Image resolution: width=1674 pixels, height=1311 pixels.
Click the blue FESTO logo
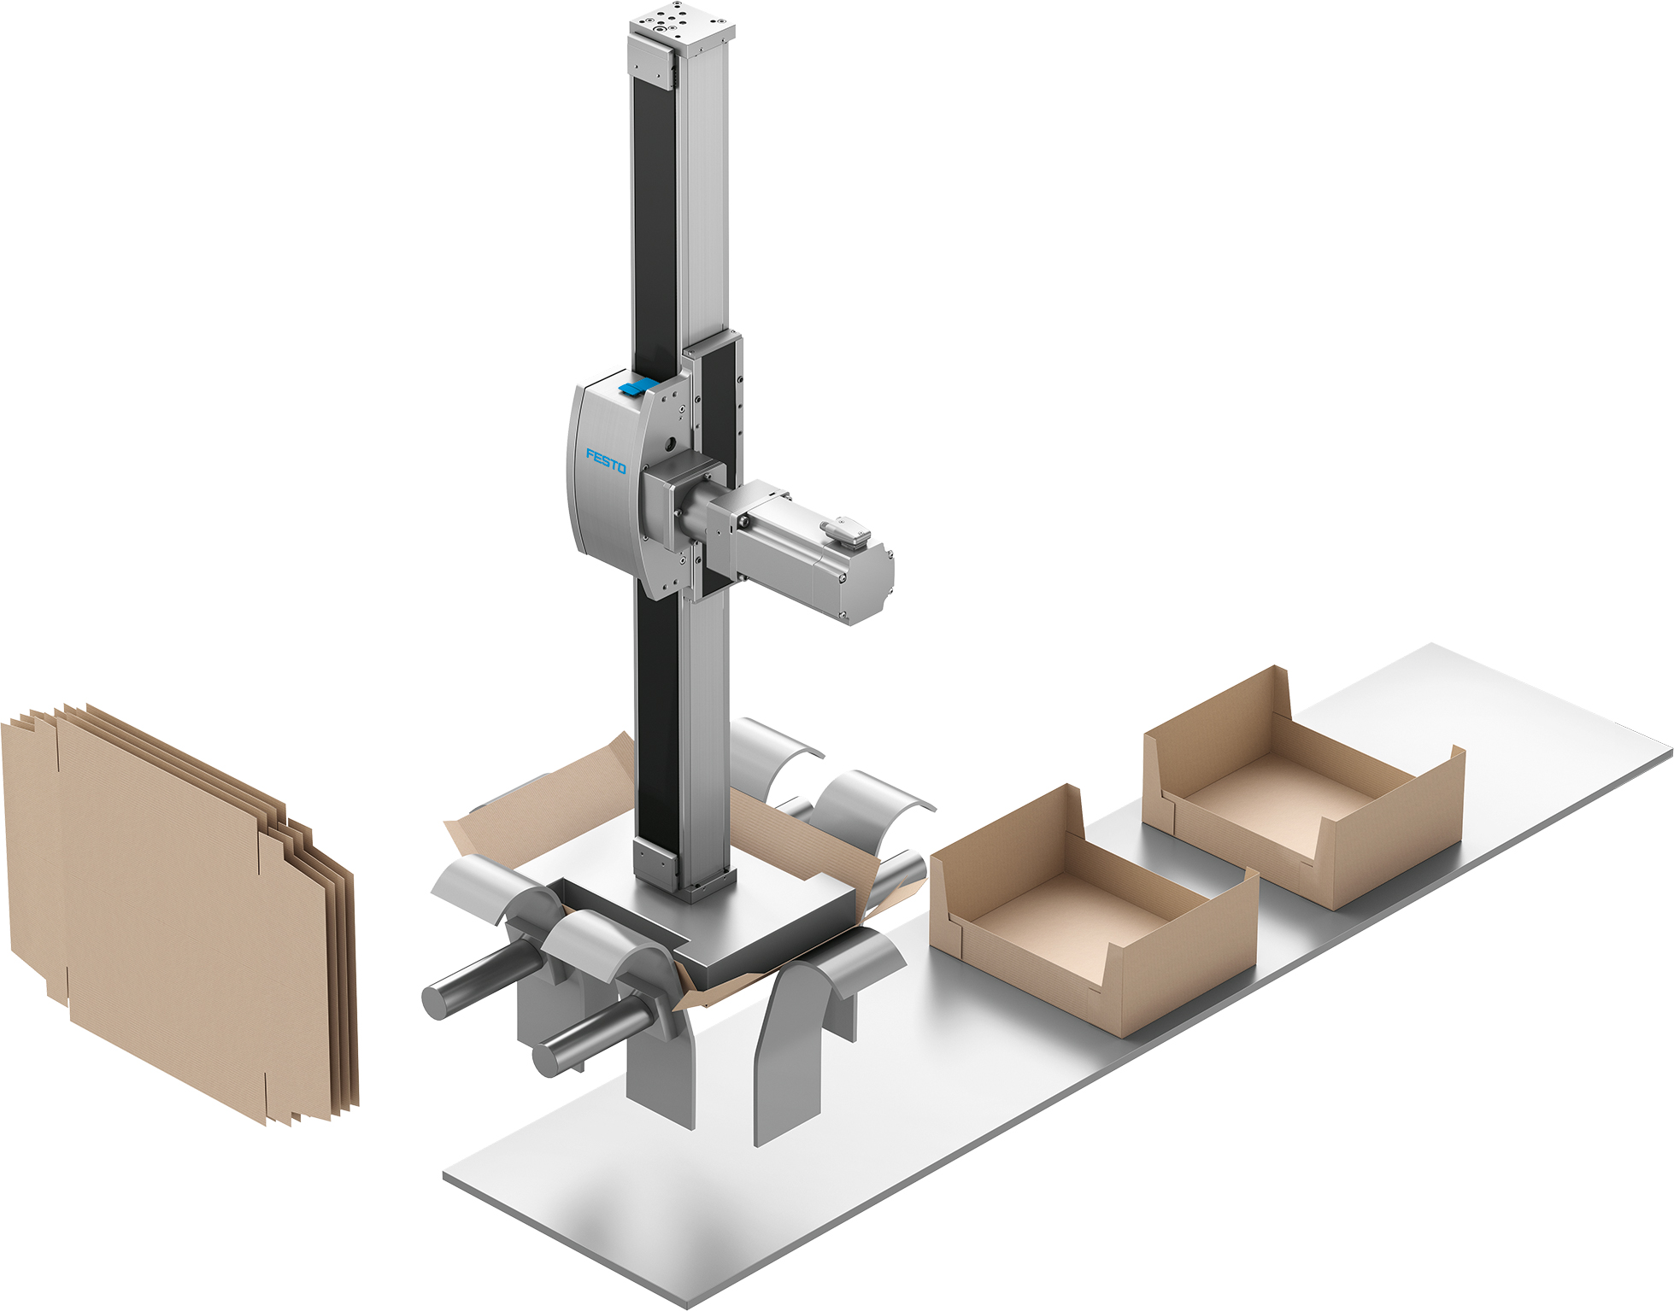pyautogui.click(x=606, y=461)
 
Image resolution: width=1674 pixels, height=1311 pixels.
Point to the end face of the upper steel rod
pyautogui.click(x=436, y=1001)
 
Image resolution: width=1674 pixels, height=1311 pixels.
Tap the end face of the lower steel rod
pyautogui.click(x=547, y=1058)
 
